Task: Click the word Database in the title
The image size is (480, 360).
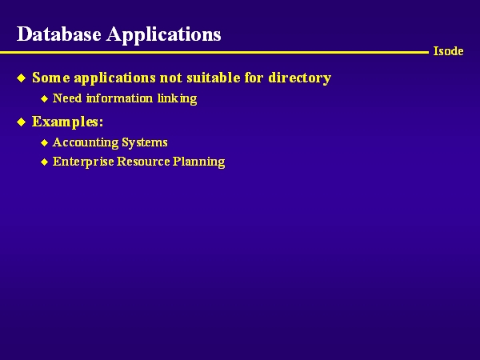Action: [58, 34]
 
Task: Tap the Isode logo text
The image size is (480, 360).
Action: [448, 51]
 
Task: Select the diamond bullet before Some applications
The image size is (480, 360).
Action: [22, 78]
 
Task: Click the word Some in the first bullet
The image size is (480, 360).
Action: [51, 78]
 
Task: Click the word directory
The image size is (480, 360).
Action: [300, 78]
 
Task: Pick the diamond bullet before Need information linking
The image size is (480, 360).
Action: [45, 99]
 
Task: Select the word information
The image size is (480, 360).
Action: [119, 98]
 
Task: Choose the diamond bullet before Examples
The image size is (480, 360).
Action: [22, 122]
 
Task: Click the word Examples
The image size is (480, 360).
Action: [67, 122]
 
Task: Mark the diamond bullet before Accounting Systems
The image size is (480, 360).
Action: [45, 143]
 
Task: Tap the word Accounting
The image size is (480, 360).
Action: [86, 143]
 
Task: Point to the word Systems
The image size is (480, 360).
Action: [145, 143]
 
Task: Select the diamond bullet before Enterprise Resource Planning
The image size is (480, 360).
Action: [45, 162]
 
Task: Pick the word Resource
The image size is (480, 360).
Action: [143, 162]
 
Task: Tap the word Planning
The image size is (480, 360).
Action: [199, 162]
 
